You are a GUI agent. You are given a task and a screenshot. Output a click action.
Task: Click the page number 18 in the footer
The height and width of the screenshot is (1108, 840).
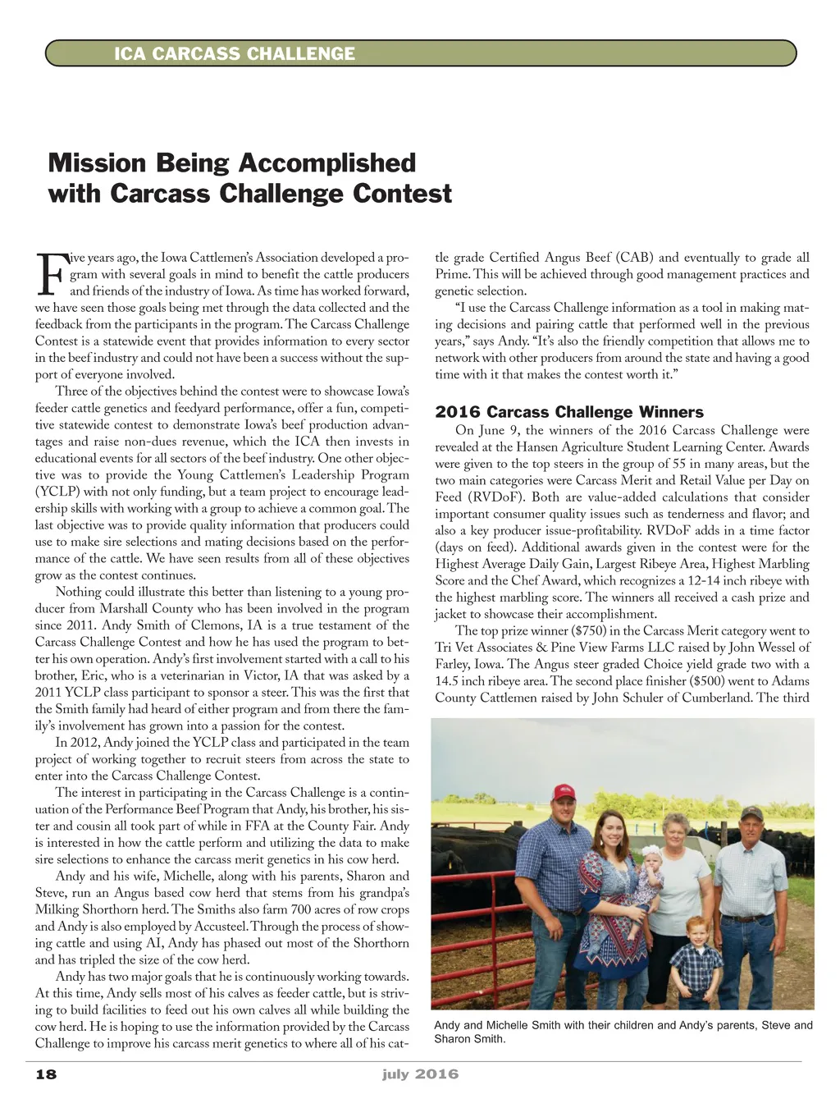[46, 1074]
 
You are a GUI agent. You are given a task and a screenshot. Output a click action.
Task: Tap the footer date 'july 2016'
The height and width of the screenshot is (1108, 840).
[420, 1074]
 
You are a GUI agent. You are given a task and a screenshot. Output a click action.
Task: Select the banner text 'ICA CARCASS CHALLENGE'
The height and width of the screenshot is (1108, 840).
[235, 54]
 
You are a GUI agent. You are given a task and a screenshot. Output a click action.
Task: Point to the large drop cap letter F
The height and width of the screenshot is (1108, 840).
[50, 276]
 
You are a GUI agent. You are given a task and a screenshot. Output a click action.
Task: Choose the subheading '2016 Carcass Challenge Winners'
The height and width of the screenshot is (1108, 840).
[569, 412]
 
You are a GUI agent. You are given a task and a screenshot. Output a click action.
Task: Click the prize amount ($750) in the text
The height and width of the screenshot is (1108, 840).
[593, 631]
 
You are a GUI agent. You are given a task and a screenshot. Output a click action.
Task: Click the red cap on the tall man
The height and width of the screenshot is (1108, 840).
[564, 792]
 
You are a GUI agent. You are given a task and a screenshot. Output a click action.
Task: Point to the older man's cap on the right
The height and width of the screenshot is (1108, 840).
[751, 813]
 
